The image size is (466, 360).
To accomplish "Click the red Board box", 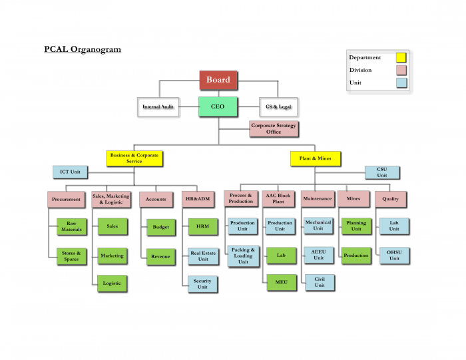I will tap(218, 80).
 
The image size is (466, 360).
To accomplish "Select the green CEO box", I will tap(218, 106).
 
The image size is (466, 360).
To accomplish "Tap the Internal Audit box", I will tap(158, 106).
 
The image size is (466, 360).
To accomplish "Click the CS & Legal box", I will tap(278, 106).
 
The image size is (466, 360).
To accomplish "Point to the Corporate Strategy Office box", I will tap(274, 128).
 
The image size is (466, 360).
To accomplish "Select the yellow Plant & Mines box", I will tap(316, 158).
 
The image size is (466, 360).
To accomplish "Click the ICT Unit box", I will tap(70, 172).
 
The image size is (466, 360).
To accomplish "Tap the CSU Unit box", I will tap(382, 172).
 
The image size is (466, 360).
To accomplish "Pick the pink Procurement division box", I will tap(67, 199).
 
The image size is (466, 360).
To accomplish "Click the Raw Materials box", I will tap(71, 227).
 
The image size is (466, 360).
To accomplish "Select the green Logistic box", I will tap(112, 283).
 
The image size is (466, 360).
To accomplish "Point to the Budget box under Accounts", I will tap(161, 227).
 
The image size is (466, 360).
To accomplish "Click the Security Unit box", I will tap(202, 284).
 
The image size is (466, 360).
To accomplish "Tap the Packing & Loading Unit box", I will tap(243, 256).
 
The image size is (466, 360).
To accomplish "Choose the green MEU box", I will tap(280, 282).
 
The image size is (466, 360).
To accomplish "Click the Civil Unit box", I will tap(319, 282).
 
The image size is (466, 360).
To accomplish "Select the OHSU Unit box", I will tap(394, 256).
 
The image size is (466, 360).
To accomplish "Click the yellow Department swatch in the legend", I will tap(401, 58).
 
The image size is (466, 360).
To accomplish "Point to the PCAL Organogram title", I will tap(83, 49).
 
